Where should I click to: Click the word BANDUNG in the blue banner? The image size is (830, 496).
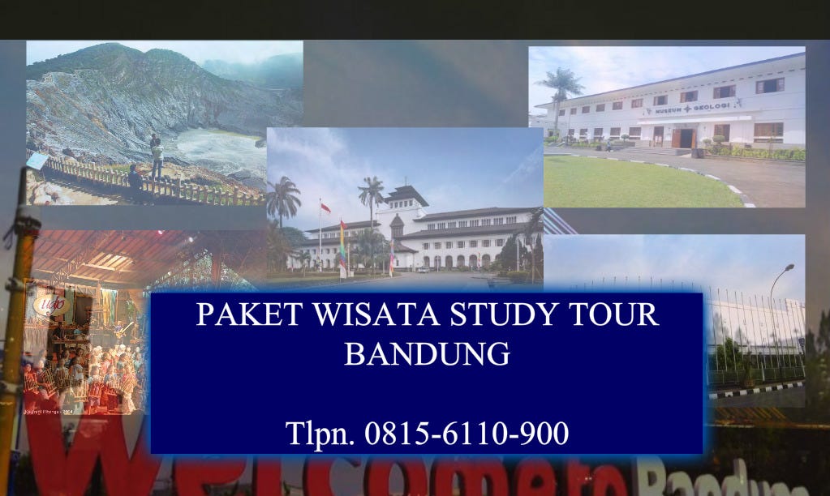tap(427, 354)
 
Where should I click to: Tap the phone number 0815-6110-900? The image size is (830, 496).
tap(467, 434)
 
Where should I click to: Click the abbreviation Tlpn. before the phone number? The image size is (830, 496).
tap(320, 434)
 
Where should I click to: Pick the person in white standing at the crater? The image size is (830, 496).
tap(157, 154)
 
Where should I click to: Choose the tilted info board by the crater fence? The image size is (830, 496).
tap(37, 161)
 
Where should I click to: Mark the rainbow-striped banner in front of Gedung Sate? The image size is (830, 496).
tap(342, 247)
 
